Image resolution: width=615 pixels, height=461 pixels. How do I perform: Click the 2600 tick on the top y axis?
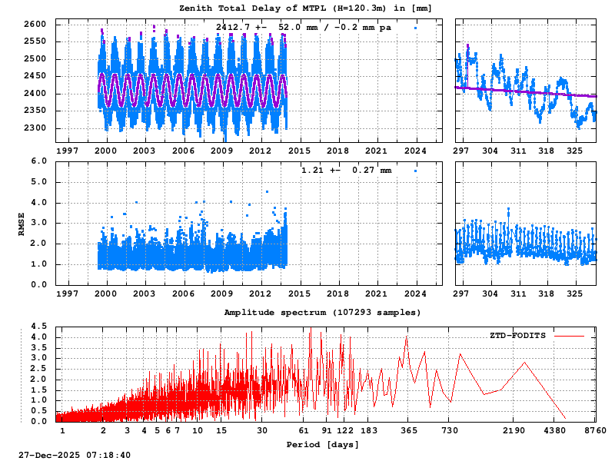(37, 25)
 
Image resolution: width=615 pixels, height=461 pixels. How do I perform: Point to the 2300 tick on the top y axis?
(37, 128)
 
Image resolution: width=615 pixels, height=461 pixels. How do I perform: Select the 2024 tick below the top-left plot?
(416, 151)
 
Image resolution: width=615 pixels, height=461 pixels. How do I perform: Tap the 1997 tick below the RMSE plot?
(67, 294)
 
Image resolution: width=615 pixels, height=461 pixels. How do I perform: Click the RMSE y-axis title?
(22, 223)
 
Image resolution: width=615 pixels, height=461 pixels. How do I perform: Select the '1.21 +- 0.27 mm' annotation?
(345, 170)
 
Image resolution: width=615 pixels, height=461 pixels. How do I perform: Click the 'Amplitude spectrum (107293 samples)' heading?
(322, 313)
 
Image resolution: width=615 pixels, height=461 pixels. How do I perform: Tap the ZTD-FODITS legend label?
(517, 336)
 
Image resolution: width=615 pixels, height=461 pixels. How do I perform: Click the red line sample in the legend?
(569, 336)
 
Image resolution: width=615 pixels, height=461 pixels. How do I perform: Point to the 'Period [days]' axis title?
(322, 445)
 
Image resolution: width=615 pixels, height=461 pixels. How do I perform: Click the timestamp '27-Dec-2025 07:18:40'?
(75, 456)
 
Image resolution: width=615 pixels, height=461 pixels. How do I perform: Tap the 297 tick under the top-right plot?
(462, 151)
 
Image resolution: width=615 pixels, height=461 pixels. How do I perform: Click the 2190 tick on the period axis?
(514, 431)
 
